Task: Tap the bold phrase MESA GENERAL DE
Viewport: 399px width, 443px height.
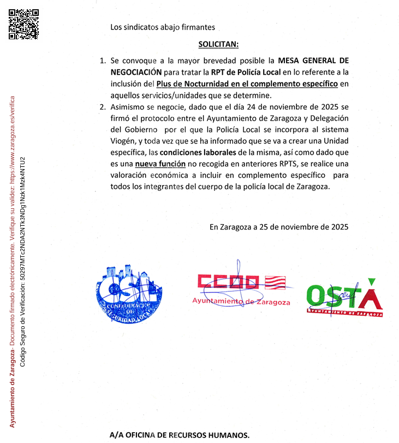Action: click(313, 60)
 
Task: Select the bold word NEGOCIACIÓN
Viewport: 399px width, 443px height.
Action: click(136, 71)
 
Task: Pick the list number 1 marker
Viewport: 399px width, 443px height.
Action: click(102, 60)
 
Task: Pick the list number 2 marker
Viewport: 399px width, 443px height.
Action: click(102, 106)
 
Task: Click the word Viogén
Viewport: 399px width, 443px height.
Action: click(124, 141)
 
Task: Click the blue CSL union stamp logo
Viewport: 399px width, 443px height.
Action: click(130, 295)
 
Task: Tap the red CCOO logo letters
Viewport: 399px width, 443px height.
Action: click(228, 282)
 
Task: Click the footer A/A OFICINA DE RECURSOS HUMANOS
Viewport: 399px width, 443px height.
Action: click(179, 435)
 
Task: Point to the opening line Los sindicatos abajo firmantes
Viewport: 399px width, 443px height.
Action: click(162, 26)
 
